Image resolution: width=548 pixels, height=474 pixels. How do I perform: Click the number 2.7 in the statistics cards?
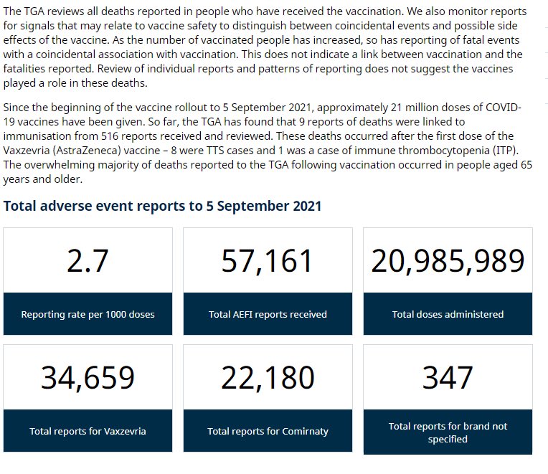click(88, 261)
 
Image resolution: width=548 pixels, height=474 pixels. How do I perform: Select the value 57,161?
click(268, 261)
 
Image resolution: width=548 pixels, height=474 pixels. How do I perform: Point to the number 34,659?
click(88, 378)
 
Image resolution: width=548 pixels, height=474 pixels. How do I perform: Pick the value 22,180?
click(268, 378)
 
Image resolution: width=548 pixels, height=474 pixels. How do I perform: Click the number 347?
click(448, 378)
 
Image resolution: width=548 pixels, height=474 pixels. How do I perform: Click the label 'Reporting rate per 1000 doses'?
click(88, 314)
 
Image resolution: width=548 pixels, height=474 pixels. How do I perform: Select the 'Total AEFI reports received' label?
click(268, 314)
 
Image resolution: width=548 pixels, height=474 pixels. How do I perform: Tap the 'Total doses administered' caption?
click(448, 314)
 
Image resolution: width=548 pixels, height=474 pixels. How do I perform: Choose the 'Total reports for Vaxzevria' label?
click(88, 431)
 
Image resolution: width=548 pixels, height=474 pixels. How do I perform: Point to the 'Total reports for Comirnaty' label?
click(268, 431)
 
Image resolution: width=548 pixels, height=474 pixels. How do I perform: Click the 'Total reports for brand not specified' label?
click(448, 432)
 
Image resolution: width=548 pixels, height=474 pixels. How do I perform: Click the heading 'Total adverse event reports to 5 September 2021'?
click(163, 207)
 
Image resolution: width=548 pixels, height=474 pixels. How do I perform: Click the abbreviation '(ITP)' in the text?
click(511, 151)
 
